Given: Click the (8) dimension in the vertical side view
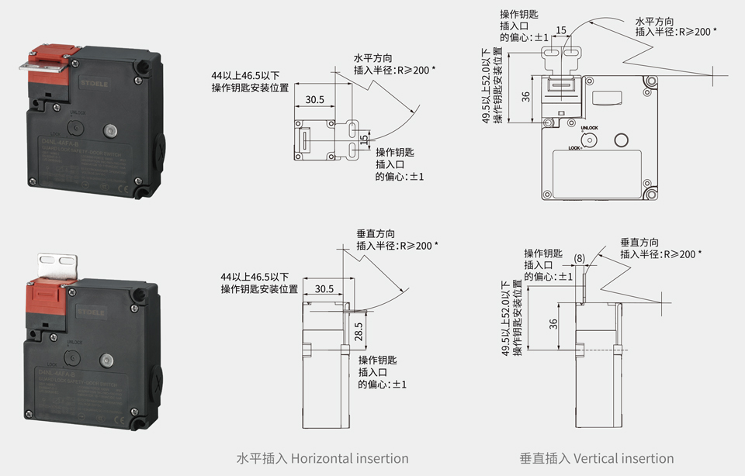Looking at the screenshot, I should click(x=580, y=257).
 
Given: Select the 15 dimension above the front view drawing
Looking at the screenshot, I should click(x=562, y=30).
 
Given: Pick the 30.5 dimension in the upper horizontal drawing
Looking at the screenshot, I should click(x=315, y=100).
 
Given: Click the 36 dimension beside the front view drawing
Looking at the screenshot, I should click(x=525, y=97).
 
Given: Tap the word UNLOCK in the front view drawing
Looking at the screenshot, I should click(x=589, y=127).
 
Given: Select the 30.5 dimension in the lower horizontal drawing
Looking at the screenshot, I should click(x=324, y=289).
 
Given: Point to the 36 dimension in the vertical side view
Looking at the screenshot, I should click(x=554, y=323).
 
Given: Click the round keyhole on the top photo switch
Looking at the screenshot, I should click(x=76, y=129).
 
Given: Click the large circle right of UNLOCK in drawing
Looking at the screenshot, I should click(x=621, y=140).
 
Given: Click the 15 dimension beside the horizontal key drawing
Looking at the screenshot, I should click(x=364, y=138).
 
